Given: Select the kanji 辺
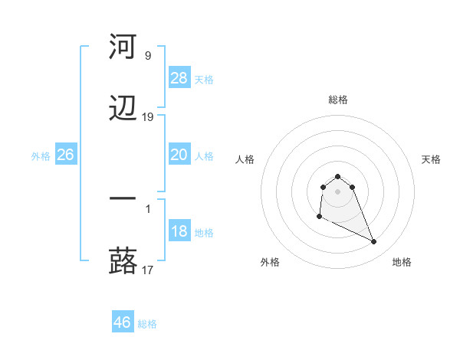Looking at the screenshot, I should [123, 109].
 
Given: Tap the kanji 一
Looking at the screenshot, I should [123, 198].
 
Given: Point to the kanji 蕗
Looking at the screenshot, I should [123, 260].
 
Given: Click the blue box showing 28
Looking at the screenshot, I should [179, 78].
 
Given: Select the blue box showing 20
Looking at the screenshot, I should [179, 155].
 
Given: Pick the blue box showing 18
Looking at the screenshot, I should [179, 231].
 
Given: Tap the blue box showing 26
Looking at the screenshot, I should [65, 155].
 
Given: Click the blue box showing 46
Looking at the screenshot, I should [123, 322].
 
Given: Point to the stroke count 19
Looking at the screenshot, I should [148, 117].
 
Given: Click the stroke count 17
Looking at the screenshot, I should [148, 270].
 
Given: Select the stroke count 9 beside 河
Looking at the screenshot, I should [148, 55].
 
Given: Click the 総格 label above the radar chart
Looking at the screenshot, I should [338, 100].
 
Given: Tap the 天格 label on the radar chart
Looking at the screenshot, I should [432, 159].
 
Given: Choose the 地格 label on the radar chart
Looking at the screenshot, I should [402, 262].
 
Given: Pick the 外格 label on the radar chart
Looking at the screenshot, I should [270, 262].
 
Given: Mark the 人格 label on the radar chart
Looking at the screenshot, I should [245, 159].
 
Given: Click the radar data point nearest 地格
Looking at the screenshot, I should [374, 242].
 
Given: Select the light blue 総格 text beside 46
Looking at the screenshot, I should [147, 324].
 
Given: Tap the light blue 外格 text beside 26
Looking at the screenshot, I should [41, 156].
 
